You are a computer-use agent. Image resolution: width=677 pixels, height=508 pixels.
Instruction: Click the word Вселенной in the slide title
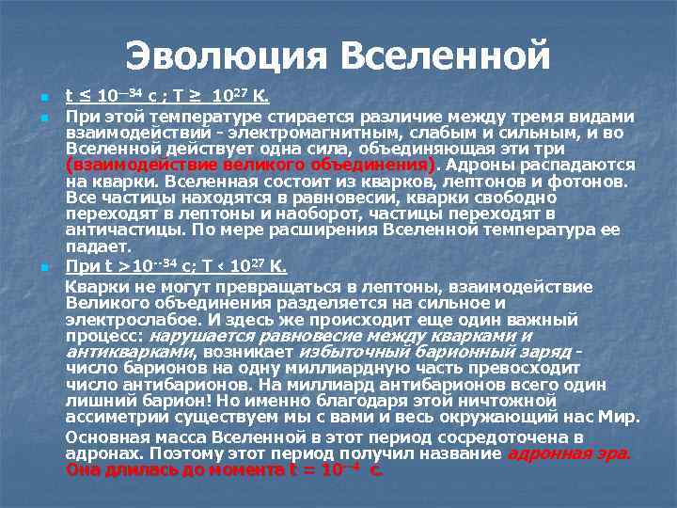pyautogui.click(x=446, y=56)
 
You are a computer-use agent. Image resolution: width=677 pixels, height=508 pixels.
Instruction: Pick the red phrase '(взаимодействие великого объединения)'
pyautogui.click(x=251, y=165)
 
